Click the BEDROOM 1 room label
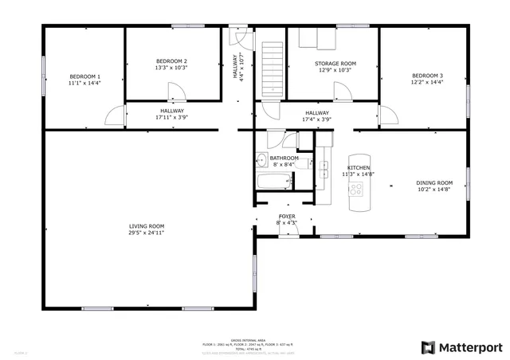pos(84,76)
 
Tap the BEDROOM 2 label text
pos(171,61)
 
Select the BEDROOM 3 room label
pos(427,76)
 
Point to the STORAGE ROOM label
pos(335,63)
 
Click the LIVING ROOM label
pos(147,226)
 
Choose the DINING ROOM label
pos(434,183)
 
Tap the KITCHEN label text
pos(358,168)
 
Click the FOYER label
pos(287,217)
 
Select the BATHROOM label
pos(284,158)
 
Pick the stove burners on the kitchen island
pos(356,190)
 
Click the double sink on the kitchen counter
pos(324,170)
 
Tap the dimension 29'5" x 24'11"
pos(147,233)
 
